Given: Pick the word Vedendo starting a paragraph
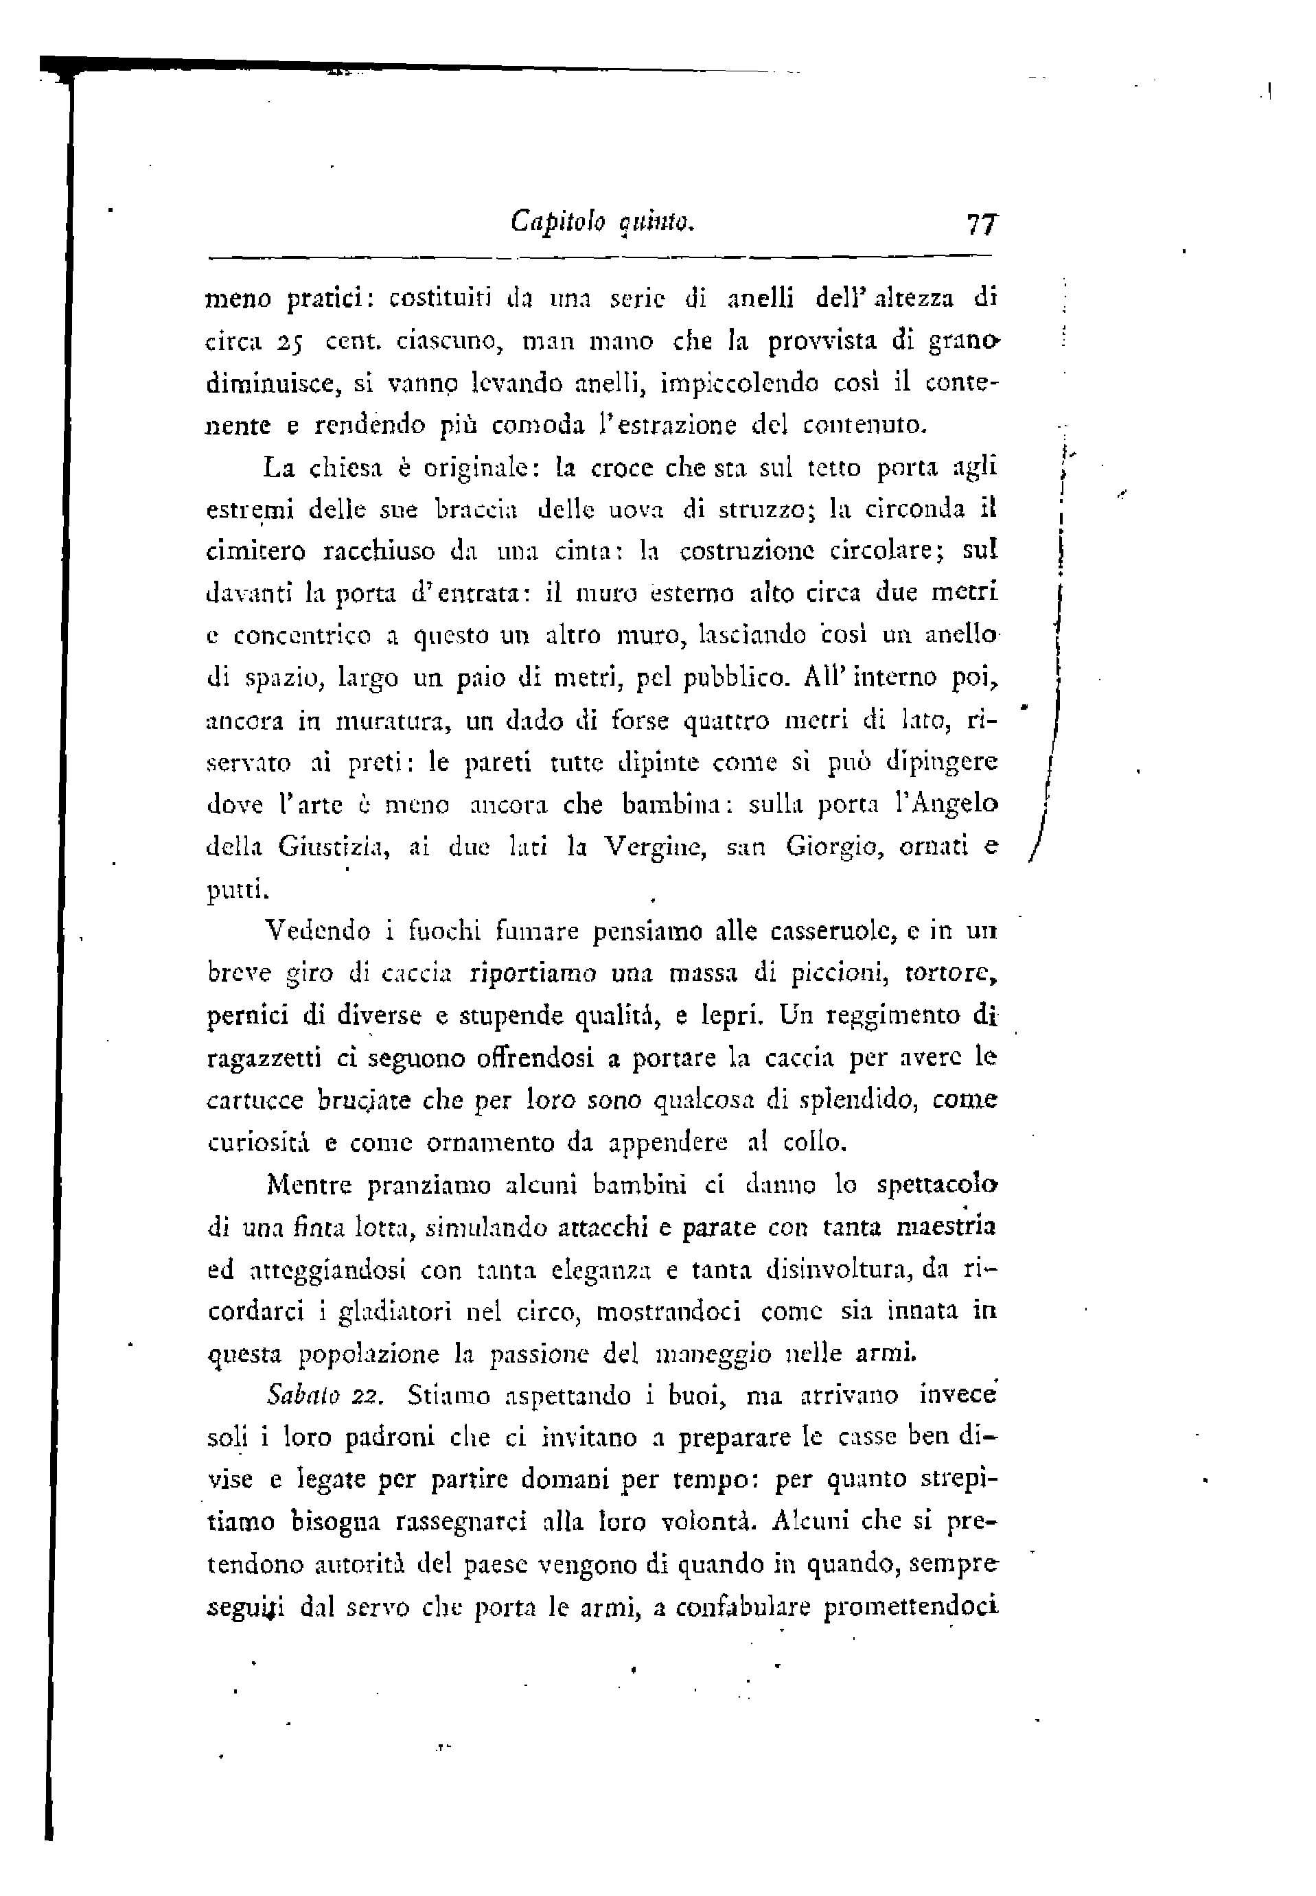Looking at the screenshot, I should click(319, 932).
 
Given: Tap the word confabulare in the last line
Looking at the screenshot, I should click(743, 1608).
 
